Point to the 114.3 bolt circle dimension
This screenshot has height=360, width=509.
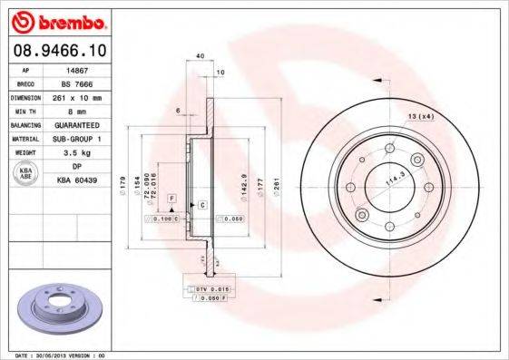[x=391, y=178]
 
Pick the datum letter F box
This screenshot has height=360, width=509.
[x=171, y=197]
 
